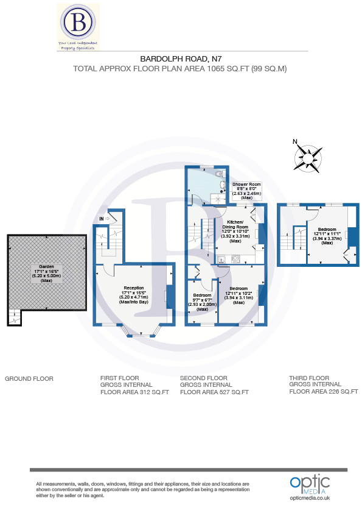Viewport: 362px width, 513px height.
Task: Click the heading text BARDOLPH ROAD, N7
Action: [x=181, y=59]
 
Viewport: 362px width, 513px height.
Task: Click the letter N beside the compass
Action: [x=295, y=143]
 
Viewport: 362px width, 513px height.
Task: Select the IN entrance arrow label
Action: [x=103, y=218]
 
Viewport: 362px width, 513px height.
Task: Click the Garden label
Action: [x=46, y=267]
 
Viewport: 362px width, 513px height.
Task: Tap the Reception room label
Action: [x=133, y=288]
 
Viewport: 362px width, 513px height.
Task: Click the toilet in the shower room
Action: [x=219, y=174]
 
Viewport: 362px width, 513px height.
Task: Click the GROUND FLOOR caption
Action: [x=29, y=378]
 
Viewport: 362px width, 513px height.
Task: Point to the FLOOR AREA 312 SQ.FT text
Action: [x=130, y=392]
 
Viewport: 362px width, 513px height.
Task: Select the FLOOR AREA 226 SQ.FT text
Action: [x=323, y=392]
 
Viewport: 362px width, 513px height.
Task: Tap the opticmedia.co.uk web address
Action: [x=309, y=498]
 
